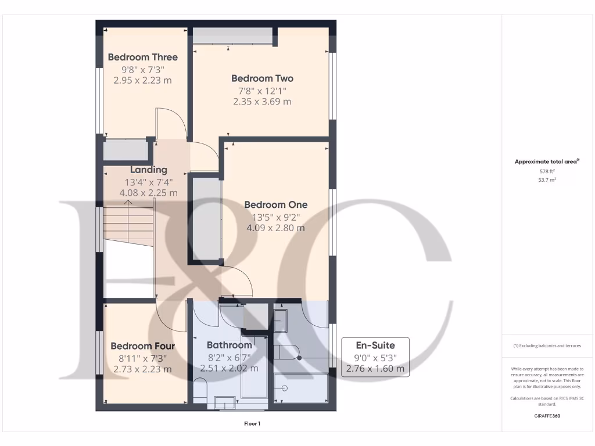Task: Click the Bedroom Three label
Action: [142, 57]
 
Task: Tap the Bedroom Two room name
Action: [262, 78]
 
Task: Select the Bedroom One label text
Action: [275, 204]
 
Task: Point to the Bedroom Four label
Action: [142, 346]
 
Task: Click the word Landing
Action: [148, 170]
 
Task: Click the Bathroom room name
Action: [229, 345]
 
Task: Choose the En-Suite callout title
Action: [375, 346]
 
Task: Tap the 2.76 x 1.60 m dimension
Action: [375, 368]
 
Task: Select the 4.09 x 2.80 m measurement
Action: [275, 228]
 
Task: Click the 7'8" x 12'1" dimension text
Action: [262, 91]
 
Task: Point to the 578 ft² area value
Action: [547, 171]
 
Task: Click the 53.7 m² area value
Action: [547, 181]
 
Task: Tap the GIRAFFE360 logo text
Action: [547, 416]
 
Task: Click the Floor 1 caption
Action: [252, 424]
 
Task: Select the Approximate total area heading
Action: [546, 162]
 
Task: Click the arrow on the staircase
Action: [128, 203]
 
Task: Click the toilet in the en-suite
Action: [286, 351]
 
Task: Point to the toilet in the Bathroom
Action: [200, 389]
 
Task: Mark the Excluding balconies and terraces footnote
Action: [547, 346]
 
